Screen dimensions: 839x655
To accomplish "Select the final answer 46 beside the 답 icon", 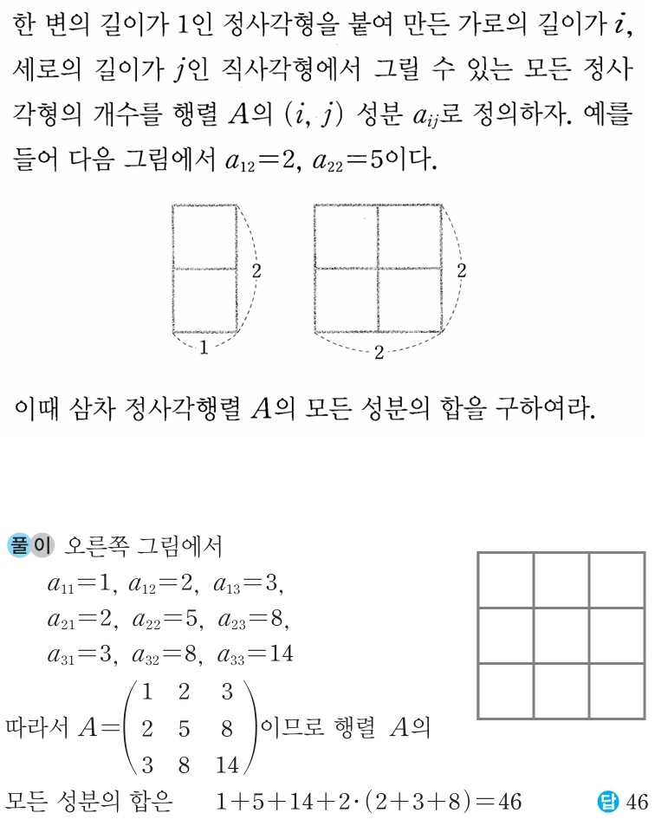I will click(637, 802).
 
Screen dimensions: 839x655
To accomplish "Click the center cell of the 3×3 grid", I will click(561, 635).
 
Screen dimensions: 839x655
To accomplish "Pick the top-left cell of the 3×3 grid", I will click(506, 580).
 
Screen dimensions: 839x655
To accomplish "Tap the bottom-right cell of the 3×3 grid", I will click(618, 691).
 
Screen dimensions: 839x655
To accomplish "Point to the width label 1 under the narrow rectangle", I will click(204, 348).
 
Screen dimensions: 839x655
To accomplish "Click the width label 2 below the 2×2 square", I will click(379, 353).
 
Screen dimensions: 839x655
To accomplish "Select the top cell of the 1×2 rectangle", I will click(204, 237).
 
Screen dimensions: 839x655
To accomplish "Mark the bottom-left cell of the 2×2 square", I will click(346, 300).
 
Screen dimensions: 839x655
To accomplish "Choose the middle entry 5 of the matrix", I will click(185, 729).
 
